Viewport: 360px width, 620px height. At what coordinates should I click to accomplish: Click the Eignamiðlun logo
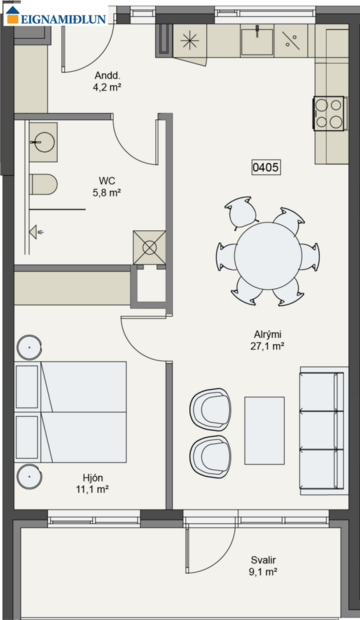(x=54, y=14)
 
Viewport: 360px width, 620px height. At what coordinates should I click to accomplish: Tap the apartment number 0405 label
(x=266, y=169)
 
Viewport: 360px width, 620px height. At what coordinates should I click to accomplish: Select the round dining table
(x=267, y=255)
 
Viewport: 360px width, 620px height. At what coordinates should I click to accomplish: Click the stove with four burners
(x=329, y=113)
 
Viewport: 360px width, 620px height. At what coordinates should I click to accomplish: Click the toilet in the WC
(x=44, y=185)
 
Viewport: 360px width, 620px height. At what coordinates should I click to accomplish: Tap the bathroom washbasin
(x=42, y=142)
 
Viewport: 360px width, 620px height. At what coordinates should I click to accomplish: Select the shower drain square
(x=149, y=247)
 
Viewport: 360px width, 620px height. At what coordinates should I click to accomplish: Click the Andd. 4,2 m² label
(x=107, y=81)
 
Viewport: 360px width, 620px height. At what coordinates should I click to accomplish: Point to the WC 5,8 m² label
(x=107, y=187)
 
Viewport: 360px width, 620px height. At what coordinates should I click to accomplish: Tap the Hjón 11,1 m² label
(x=92, y=484)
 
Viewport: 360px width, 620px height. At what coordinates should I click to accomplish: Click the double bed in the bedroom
(x=72, y=410)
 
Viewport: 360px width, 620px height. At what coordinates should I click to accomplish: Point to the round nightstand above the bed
(x=30, y=348)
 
